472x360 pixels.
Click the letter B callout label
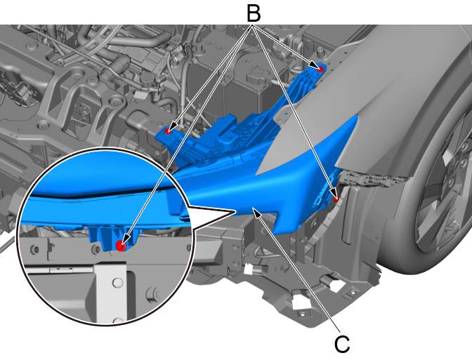point(253,14)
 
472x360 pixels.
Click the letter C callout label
point(342,344)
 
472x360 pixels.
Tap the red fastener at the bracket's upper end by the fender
point(320,69)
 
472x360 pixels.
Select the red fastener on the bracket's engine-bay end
point(168,131)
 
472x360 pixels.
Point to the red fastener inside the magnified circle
point(121,246)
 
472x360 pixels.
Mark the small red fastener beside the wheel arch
point(336,199)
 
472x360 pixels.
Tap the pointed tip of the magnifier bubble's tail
point(235,212)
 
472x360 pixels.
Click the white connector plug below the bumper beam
point(249,269)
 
